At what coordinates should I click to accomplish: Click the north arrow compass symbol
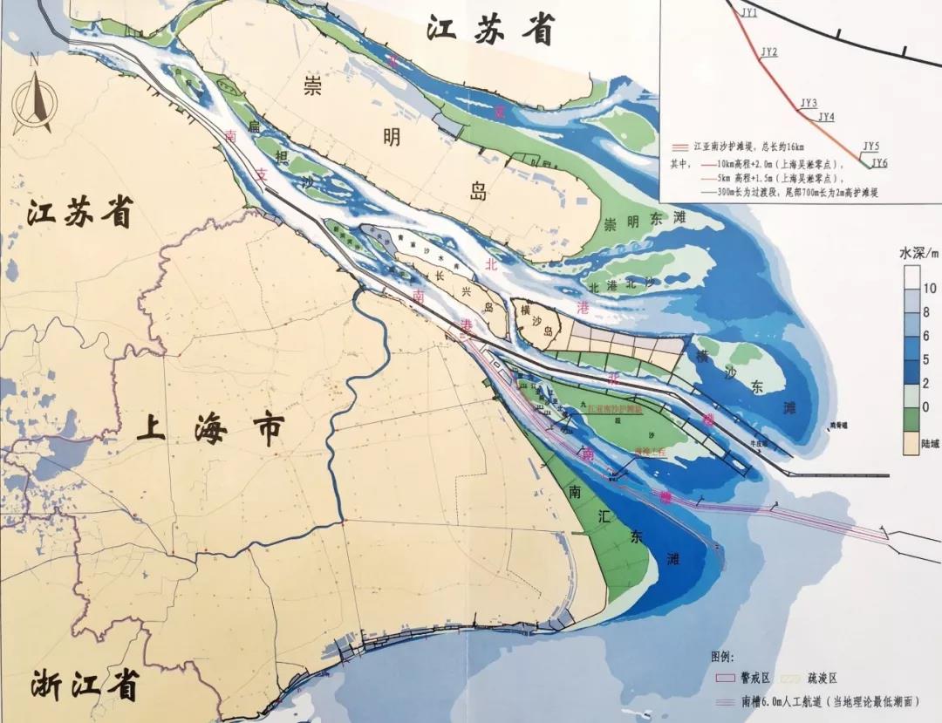(x=36, y=96)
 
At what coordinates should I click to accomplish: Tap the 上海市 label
(x=212, y=429)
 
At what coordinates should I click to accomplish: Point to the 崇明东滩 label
(x=643, y=222)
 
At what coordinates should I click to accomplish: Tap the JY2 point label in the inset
(x=768, y=52)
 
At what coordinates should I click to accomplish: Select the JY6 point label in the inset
(x=879, y=163)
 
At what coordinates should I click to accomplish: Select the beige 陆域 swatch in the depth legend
(x=909, y=446)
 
